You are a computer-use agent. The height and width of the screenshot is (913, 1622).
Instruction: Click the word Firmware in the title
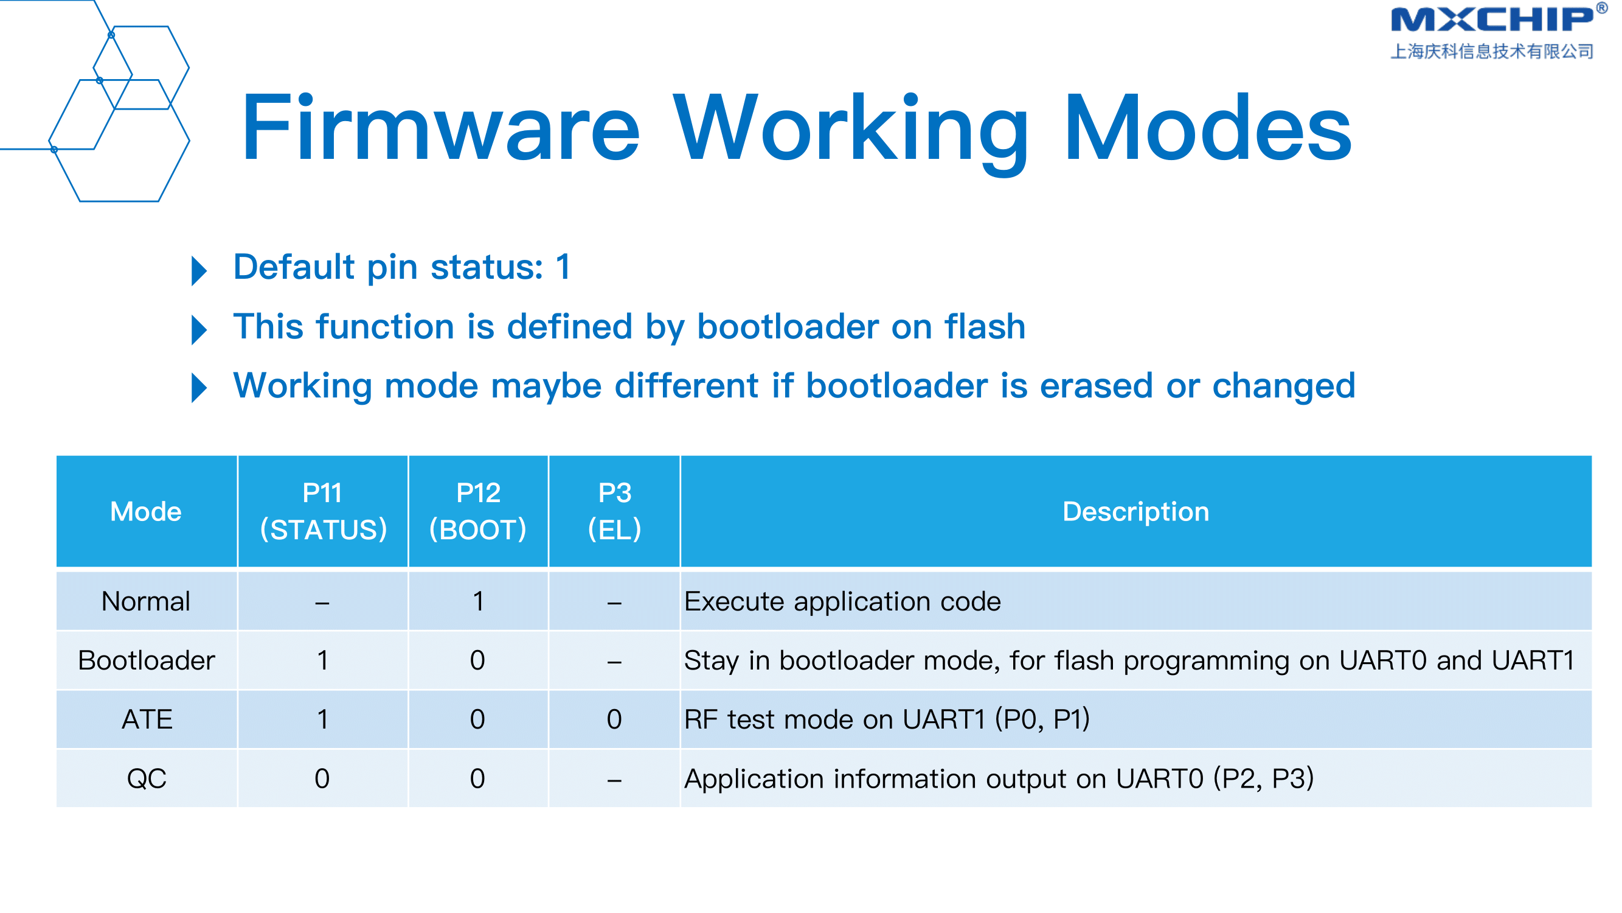pyautogui.click(x=441, y=128)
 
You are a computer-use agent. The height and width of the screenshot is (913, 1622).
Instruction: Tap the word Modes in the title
pyautogui.click(x=1208, y=128)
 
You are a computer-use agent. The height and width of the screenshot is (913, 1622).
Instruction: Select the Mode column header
pyautogui.click(x=146, y=511)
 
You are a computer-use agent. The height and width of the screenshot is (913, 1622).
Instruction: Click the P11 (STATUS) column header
pyautogui.click(x=323, y=511)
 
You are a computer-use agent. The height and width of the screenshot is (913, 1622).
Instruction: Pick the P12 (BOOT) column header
pyautogui.click(x=478, y=511)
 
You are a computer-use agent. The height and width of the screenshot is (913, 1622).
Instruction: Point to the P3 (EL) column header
pyautogui.click(x=614, y=511)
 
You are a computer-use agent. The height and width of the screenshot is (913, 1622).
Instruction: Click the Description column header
pyautogui.click(x=1135, y=511)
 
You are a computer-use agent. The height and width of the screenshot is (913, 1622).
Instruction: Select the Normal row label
pyautogui.click(x=146, y=601)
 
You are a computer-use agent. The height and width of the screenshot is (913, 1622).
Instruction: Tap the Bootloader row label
pyautogui.click(x=146, y=660)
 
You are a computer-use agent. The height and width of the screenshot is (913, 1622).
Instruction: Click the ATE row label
pyautogui.click(x=147, y=719)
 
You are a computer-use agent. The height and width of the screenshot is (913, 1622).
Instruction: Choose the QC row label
pyautogui.click(x=147, y=779)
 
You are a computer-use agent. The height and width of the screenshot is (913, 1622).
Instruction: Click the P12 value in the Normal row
pyautogui.click(x=478, y=602)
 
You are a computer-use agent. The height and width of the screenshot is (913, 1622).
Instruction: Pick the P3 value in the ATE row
pyautogui.click(x=614, y=719)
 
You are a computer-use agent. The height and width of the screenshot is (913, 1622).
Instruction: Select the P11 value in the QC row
pyautogui.click(x=322, y=779)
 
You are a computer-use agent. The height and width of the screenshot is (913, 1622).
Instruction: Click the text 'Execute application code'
pyautogui.click(x=842, y=602)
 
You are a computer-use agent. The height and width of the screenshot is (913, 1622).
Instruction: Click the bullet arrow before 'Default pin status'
pyautogui.click(x=199, y=271)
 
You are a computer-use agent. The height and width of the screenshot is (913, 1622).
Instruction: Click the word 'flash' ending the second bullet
pyautogui.click(x=985, y=326)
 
